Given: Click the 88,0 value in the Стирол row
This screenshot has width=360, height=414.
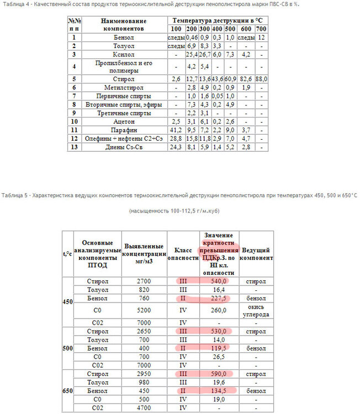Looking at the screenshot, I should click(261, 79).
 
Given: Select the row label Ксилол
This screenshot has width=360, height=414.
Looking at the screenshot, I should click(123, 55).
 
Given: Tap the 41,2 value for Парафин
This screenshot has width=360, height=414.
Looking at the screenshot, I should click(176, 129).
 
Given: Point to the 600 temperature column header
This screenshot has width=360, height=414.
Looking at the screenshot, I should click(247, 29).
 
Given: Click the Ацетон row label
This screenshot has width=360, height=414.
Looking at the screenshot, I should click(123, 121).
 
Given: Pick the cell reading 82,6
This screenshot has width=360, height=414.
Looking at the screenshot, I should click(247, 79).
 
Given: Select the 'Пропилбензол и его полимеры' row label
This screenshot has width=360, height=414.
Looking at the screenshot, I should click(123, 67).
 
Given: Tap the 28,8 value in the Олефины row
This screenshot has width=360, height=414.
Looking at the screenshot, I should click(176, 137).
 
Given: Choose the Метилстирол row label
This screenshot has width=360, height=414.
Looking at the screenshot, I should click(123, 88).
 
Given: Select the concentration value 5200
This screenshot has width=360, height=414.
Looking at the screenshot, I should click(144, 311).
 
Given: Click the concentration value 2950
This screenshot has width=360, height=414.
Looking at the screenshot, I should click(144, 374).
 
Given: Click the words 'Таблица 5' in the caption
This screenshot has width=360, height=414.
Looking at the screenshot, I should click(15, 195).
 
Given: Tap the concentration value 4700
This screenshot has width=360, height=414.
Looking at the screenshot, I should click(144, 407).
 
